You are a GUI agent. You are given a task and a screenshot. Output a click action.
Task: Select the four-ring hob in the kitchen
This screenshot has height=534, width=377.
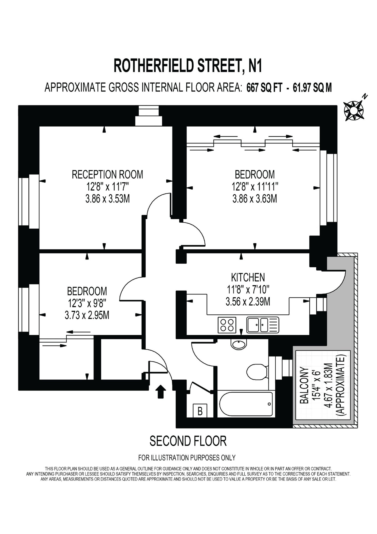point(227,325)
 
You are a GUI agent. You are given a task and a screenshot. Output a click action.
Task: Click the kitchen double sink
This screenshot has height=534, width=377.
point(262,325)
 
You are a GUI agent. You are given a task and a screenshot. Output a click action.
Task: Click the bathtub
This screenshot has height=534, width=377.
point(246,404)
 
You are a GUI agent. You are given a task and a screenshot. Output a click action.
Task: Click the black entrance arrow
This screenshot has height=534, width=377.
point(161,391)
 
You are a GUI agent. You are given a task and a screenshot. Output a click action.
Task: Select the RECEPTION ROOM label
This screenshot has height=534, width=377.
point(107,175)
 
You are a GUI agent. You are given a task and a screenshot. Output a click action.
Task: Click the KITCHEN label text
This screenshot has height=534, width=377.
point(248,277)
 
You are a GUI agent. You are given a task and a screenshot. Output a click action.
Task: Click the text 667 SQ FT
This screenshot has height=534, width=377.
point(264,88)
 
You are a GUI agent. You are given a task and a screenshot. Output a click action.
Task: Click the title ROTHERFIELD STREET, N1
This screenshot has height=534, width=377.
point(188,66)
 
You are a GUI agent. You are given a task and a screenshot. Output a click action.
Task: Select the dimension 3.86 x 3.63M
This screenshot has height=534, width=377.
point(255,199)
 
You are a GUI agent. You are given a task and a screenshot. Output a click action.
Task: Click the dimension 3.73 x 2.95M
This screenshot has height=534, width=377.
point(87,315)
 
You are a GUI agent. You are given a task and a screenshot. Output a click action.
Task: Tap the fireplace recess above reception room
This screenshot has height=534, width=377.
point(148,116)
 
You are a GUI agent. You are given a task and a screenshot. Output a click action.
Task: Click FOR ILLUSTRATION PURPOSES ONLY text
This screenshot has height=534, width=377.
point(187,458)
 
